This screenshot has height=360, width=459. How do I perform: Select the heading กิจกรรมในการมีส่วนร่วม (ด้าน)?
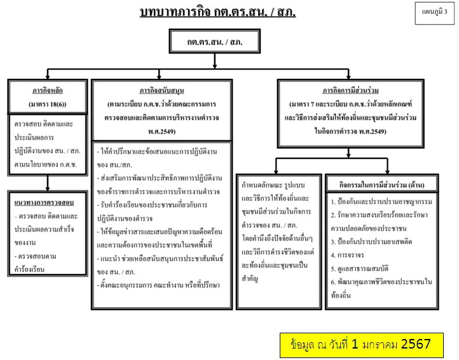383,184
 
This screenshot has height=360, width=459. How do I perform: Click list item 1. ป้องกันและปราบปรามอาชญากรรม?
381,202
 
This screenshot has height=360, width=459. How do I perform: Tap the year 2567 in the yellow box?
416,344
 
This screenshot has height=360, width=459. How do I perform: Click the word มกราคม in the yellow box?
373,345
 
